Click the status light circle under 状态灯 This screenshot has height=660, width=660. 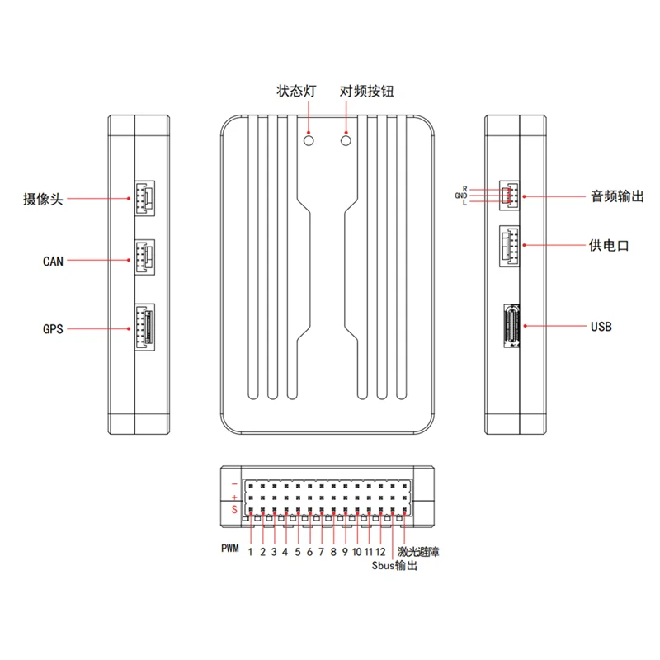(x=309, y=141)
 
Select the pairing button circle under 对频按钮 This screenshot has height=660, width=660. (x=346, y=141)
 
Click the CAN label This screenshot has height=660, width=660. (x=53, y=262)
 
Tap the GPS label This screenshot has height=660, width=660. (x=53, y=328)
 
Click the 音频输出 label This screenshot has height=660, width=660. (x=617, y=196)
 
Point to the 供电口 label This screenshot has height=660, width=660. (x=610, y=245)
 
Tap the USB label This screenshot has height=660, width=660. (x=601, y=327)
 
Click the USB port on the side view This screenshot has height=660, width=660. (x=511, y=328)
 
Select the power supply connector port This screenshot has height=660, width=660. (x=510, y=245)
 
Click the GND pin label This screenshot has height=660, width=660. (x=460, y=196)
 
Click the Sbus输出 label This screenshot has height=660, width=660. (x=395, y=567)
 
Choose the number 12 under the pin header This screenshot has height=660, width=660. (x=381, y=552)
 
